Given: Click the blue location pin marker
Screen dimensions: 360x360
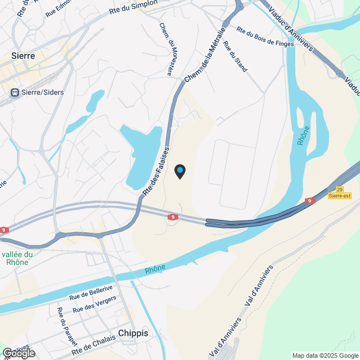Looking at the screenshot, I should pyautogui.click(x=180, y=171).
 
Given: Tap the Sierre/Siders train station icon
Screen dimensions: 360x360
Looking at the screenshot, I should pyautogui.click(x=15, y=92).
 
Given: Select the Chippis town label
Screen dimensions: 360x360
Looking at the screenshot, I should pyautogui.click(x=133, y=333).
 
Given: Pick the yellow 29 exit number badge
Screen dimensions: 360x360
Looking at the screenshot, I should pyautogui.click(x=340, y=190).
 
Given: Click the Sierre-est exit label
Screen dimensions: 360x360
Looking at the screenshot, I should pyautogui.click(x=340, y=196).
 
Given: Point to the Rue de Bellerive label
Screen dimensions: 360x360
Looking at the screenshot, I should pyautogui.click(x=91, y=292).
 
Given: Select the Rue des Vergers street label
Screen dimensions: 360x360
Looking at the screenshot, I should pyautogui.click(x=94, y=305).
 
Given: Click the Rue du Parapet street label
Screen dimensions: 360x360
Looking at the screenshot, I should pyautogui.click(x=66, y=327).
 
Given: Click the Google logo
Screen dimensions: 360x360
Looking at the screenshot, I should pyautogui.click(x=19, y=353).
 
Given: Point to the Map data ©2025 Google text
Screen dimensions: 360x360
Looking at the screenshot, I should pyautogui.click(x=325, y=355).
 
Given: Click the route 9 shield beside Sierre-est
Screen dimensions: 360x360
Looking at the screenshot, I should pyautogui.click(x=310, y=201).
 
